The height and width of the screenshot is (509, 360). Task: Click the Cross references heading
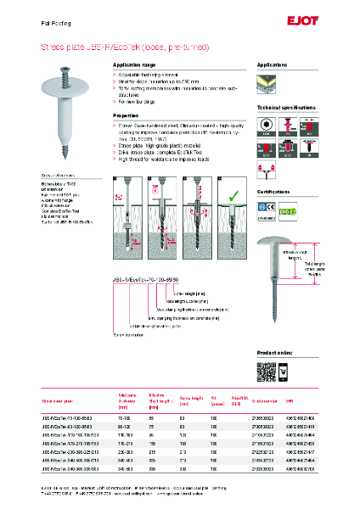point(59,174)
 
